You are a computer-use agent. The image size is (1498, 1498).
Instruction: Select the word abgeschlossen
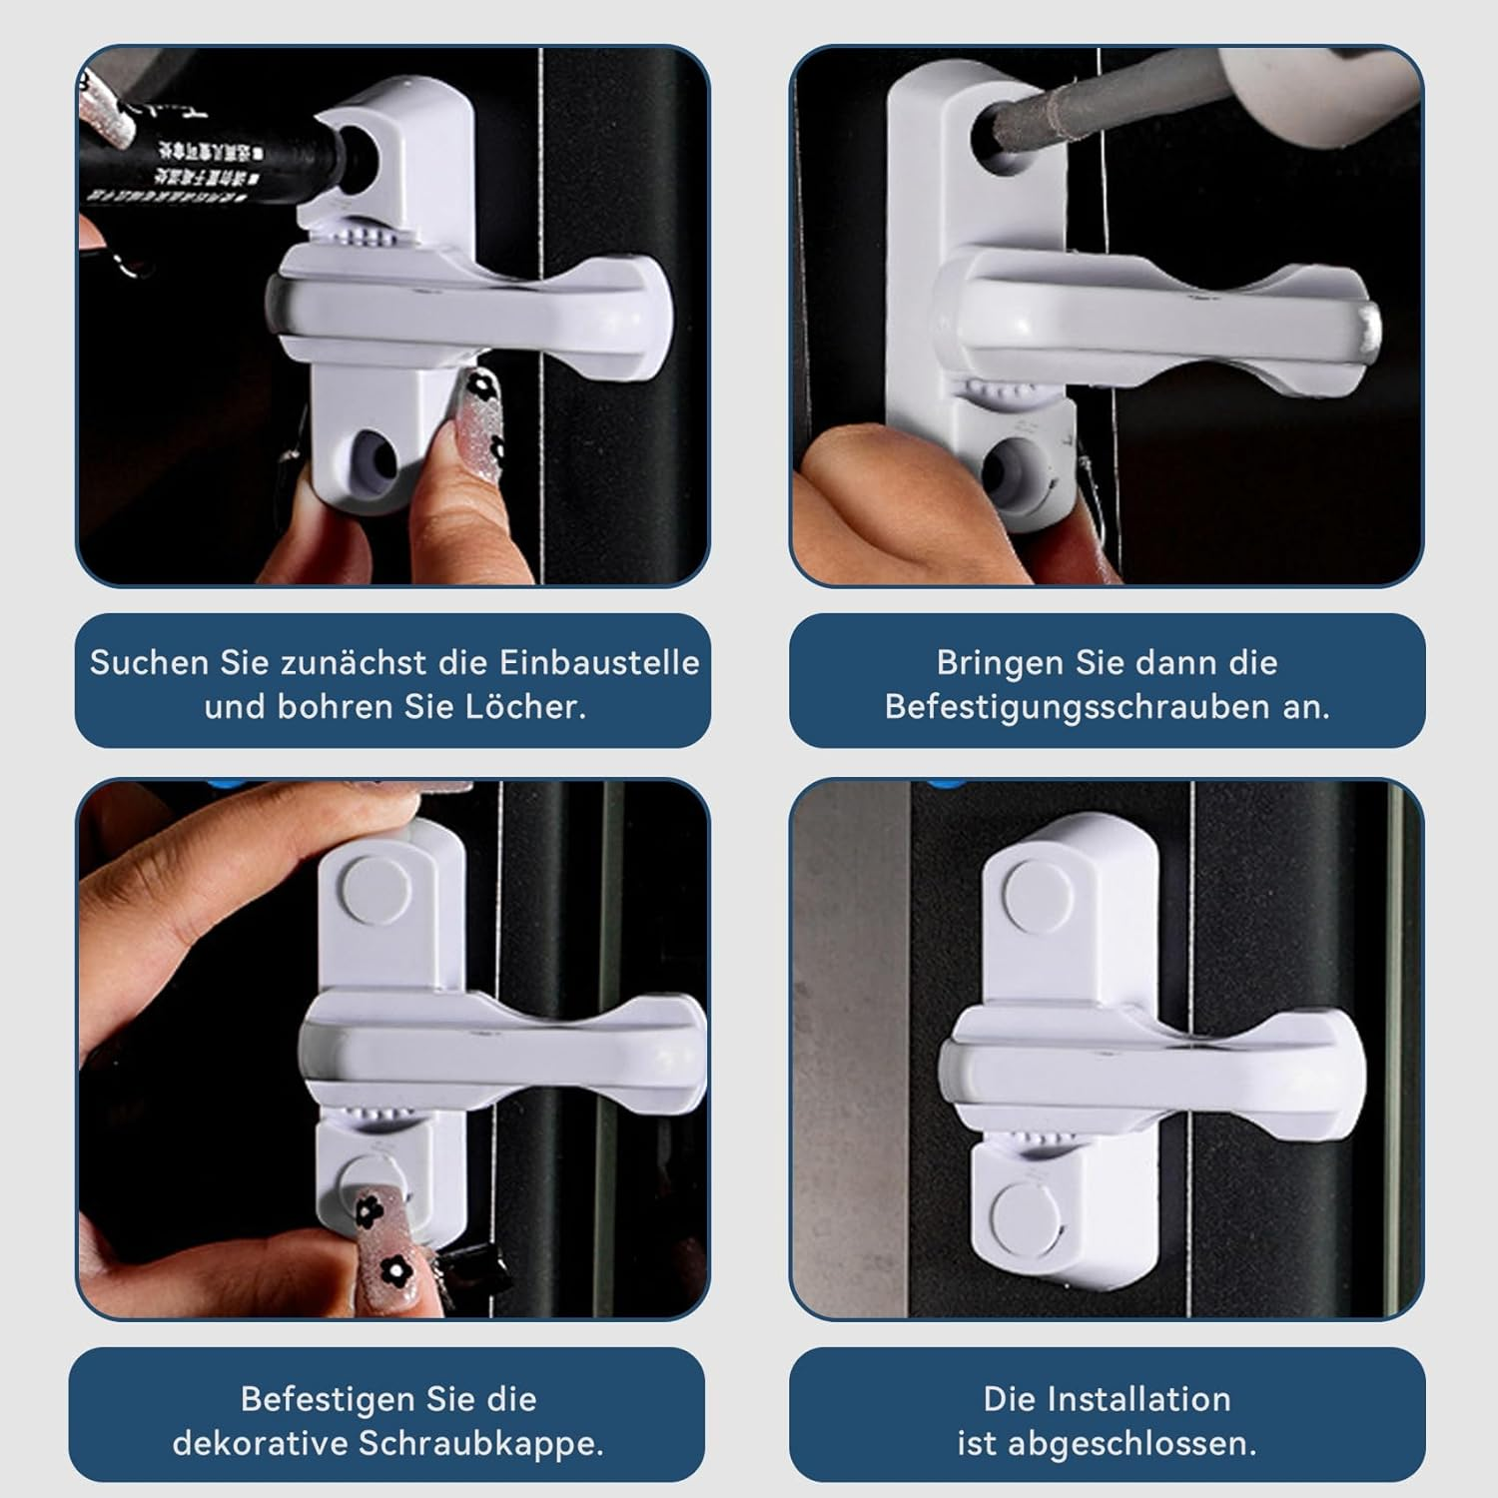point(1131,1443)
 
